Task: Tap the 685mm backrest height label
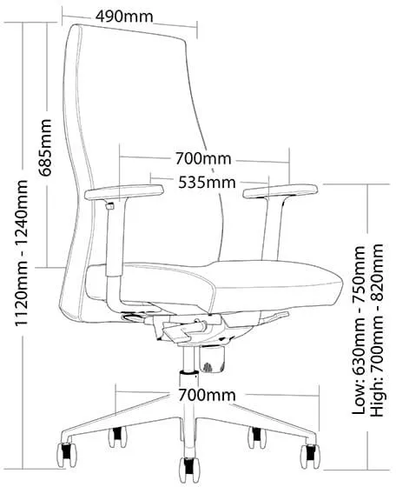44,148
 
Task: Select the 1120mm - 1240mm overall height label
22,252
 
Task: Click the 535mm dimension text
207,183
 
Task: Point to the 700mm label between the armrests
203,158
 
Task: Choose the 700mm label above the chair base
207,395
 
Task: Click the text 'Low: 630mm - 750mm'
360,330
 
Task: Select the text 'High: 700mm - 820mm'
379,330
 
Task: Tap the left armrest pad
123,191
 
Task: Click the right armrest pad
280,190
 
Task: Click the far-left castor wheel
67,455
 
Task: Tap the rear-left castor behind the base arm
117,437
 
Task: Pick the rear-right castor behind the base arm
257,437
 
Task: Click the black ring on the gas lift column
189,372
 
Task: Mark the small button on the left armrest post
109,206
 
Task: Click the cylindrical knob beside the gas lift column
212,359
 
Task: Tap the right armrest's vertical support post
273,228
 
